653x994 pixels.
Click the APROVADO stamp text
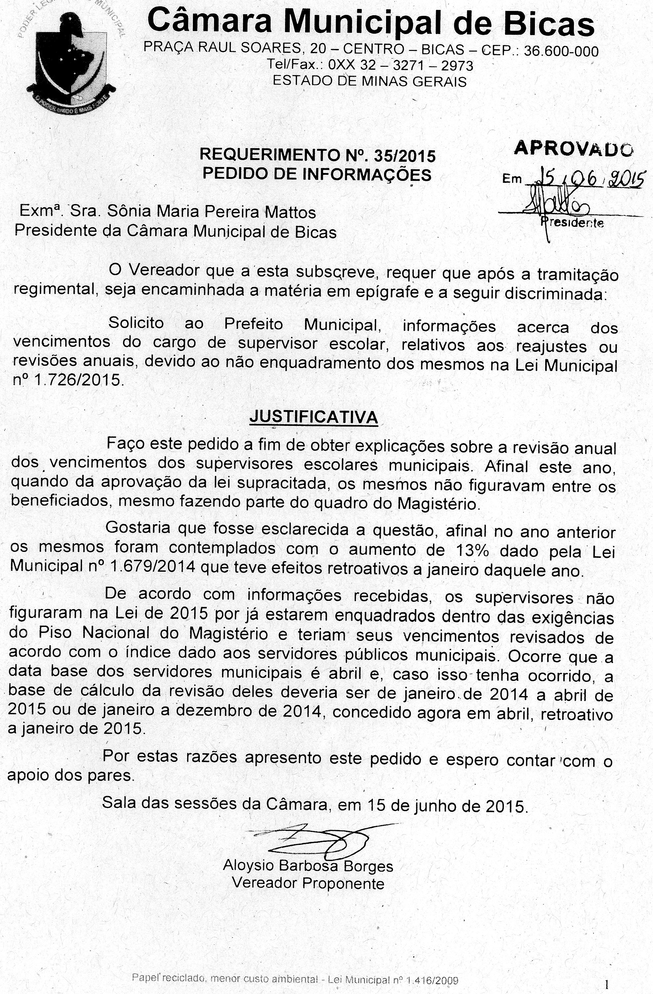tap(573, 148)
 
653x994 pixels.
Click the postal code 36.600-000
tap(561, 51)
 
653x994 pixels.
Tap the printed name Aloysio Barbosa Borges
tap(308, 866)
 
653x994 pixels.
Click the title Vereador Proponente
tap(308, 883)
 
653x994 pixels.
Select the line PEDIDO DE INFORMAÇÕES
tap(317, 174)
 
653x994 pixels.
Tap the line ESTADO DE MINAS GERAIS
tap(369, 81)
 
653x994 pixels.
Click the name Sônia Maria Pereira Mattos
tap(211, 212)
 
